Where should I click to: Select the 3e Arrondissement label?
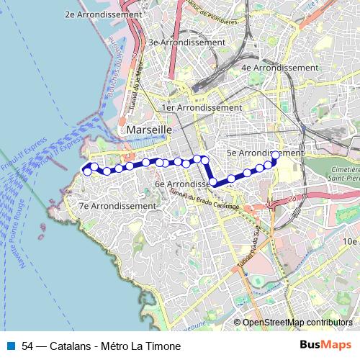[186, 42]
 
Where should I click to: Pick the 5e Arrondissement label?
[264, 153]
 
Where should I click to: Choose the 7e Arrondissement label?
[117, 206]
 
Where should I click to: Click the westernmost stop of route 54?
[88, 171]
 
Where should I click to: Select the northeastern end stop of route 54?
[275, 155]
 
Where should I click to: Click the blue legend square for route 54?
[11, 346]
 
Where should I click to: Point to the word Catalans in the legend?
[70, 346]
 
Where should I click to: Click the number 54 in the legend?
[28, 346]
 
